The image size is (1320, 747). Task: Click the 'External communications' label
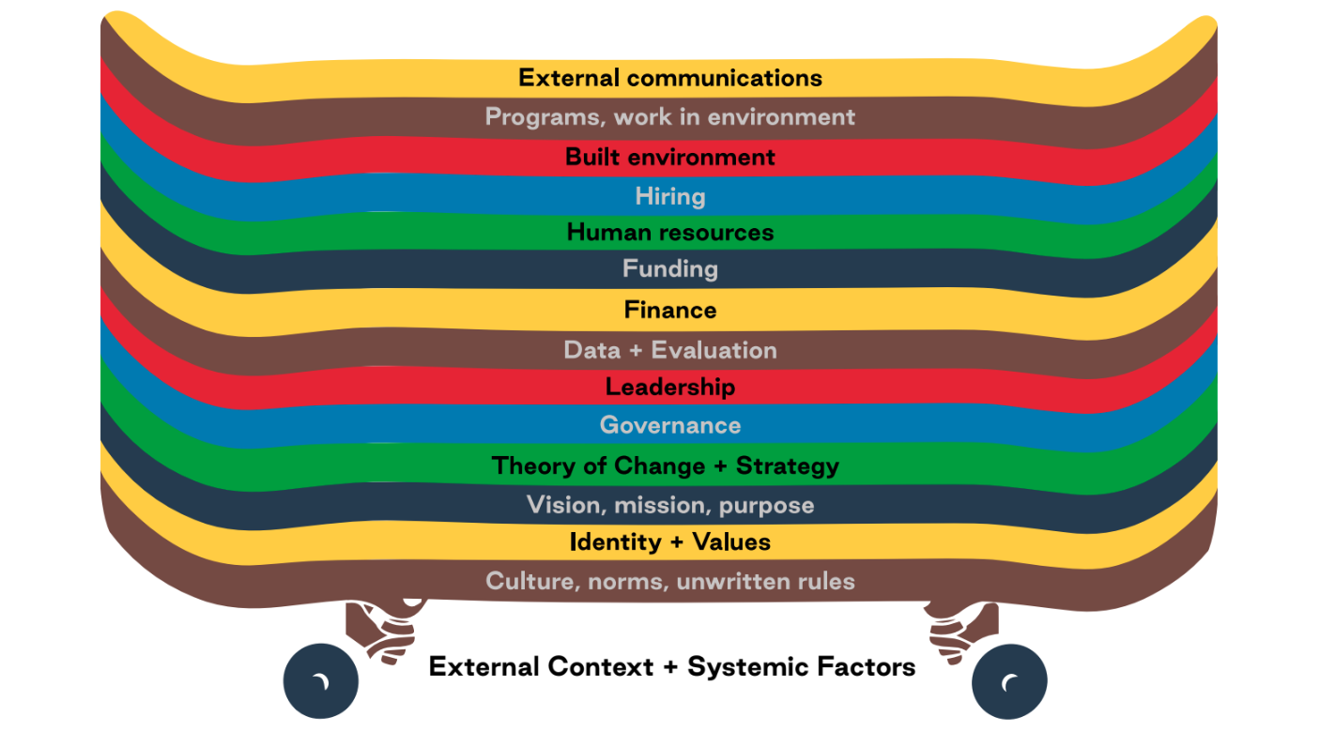(x=670, y=77)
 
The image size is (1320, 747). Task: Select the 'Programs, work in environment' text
(x=670, y=117)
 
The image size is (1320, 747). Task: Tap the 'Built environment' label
(x=670, y=157)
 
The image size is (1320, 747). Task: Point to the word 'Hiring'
(x=670, y=196)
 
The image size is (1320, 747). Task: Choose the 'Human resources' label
(x=670, y=232)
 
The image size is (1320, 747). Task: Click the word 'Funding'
(x=670, y=269)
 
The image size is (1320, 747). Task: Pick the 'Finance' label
(x=670, y=310)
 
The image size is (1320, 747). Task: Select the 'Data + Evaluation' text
(x=670, y=350)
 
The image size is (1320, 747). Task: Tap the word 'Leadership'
(x=670, y=387)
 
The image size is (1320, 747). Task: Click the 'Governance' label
(x=670, y=425)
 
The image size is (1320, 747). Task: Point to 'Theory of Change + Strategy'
(x=666, y=465)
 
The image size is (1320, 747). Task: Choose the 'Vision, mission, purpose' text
(x=670, y=505)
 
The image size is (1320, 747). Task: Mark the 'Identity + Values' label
(x=670, y=542)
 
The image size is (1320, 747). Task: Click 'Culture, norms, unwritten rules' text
(x=670, y=581)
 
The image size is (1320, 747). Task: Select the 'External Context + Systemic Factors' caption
(x=672, y=667)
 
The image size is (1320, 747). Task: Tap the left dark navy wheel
(x=321, y=681)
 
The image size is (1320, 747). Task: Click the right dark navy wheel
(x=1009, y=681)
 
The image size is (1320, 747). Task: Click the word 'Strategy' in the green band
(x=788, y=465)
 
